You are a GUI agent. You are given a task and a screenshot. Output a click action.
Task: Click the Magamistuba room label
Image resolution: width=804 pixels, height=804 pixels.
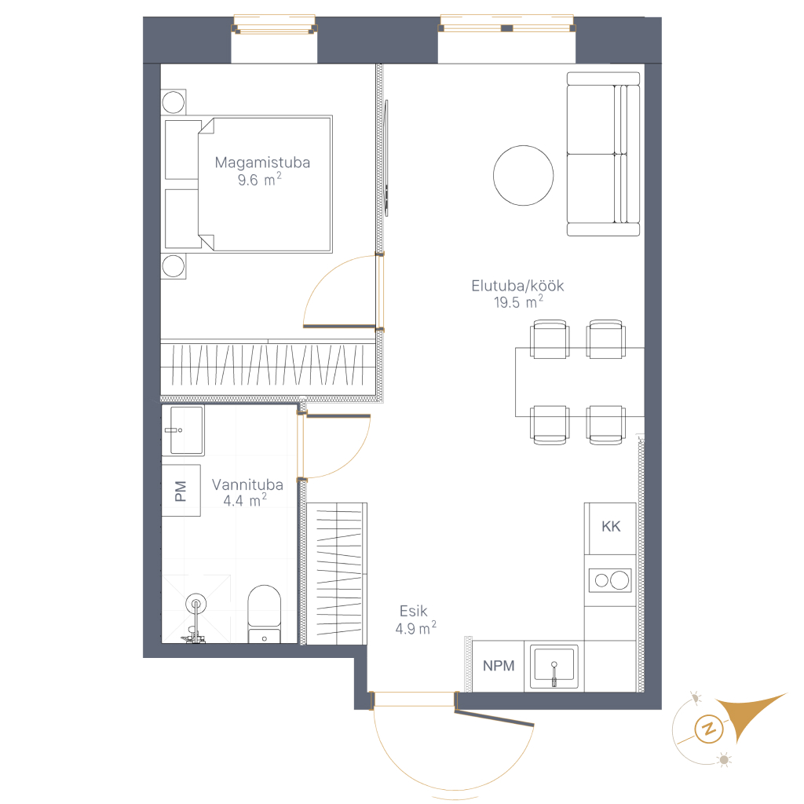click(x=262, y=163)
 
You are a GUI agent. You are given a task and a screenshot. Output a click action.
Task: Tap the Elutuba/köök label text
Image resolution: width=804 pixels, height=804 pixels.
click(x=517, y=286)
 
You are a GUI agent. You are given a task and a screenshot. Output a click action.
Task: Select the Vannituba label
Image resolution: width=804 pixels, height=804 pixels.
click(x=247, y=484)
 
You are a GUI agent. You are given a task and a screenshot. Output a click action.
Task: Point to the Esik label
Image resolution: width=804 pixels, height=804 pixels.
click(x=413, y=611)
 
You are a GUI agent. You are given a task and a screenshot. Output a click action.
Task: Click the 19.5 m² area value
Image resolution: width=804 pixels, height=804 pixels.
click(x=518, y=301)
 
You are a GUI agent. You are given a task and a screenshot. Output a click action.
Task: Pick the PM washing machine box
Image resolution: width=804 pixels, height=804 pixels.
click(x=181, y=490)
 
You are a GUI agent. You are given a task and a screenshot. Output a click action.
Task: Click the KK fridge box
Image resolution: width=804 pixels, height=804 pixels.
click(x=610, y=528)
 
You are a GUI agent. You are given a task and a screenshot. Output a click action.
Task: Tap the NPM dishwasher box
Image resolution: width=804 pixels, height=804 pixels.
click(x=498, y=666)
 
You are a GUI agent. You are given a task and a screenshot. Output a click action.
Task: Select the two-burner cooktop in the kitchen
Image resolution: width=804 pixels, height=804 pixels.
click(x=609, y=580)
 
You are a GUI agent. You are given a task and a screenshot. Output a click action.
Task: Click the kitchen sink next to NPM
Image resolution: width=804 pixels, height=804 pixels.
click(x=554, y=667)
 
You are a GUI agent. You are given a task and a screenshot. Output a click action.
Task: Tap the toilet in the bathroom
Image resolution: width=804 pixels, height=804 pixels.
click(x=264, y=614)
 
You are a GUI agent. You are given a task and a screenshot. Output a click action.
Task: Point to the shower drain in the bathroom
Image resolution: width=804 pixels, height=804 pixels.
click(x=196, y=604)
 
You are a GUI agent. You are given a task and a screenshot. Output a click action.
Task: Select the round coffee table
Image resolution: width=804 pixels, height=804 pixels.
click(x=523, y=175)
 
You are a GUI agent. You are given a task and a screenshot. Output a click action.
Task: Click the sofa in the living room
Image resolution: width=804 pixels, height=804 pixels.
click(x=603, y=154)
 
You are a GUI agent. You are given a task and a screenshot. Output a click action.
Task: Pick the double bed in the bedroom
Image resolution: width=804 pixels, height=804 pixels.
click(x=247, y=184)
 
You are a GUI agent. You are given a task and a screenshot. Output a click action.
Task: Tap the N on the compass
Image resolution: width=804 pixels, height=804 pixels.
click(x=709, y=728)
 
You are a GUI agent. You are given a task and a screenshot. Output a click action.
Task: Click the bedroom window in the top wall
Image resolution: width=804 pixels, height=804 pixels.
click(x=274, y=24)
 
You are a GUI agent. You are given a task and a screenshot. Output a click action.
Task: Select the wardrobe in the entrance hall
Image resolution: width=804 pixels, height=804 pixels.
click(x=336, y=573)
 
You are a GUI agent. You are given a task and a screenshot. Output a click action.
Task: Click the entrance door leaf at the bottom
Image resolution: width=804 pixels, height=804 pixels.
click(x=495, y=718)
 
